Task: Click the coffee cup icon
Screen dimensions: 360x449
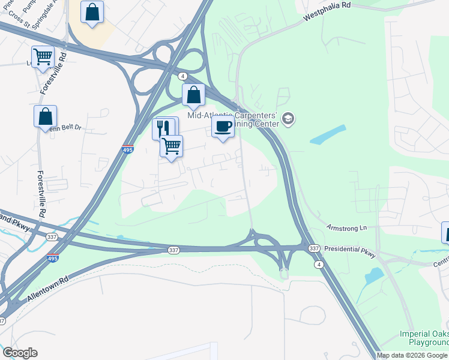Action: click(x=223, y=127)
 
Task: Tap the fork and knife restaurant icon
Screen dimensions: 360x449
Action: click(x=164, y=127)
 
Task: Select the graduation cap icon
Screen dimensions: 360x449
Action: click(x=288, y=118)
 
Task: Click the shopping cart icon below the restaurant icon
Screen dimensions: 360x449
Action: click(x=172, y=146)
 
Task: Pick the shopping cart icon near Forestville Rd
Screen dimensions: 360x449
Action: click(x=43, y=57)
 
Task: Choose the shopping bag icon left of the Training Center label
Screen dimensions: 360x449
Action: click(x=193, y=95)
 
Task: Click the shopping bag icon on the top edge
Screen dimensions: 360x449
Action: click(x=92, y=12)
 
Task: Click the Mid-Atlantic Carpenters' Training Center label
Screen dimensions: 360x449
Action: click(x=233, y=119)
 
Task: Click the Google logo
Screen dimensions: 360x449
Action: click(x=20, y=353)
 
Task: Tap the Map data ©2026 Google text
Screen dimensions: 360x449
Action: click(x=412, y=355)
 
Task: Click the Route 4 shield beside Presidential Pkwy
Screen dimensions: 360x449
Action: click(x=318, y=264)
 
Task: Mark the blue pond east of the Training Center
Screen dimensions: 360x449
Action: click(x=328, y=134)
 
